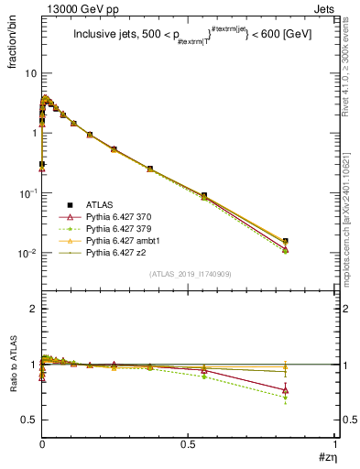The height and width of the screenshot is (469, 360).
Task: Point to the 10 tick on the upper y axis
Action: [x=30, y=72]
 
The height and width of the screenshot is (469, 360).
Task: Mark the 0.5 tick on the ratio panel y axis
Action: [x=30, y=420]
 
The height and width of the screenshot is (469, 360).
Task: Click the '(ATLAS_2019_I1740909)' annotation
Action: [x=189, y=274]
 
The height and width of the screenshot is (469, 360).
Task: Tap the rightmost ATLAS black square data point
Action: [x=286, y=242]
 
